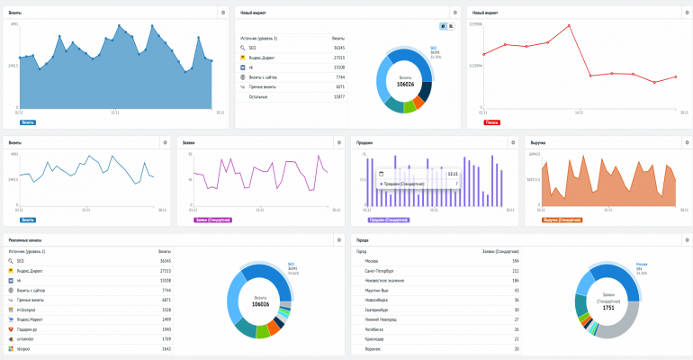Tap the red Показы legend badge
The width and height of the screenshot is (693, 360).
(x=492, y=121)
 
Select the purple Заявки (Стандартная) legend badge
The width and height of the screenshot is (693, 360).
(x=211, y=219)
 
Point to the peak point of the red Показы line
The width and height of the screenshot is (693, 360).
(x=570, y=25)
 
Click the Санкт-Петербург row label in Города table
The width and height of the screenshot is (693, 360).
(x=381, y=270)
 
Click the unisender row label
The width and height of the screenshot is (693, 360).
(x=31, y=338)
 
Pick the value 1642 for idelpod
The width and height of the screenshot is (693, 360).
(x=166, y=348)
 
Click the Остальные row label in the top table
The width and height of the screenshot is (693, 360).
(x=259, y=96)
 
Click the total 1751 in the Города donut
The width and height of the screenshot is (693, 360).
(x=609, y=308)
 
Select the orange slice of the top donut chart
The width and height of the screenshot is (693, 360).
(x=418, y=103)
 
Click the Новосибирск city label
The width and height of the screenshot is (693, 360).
(x=378, y=300)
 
